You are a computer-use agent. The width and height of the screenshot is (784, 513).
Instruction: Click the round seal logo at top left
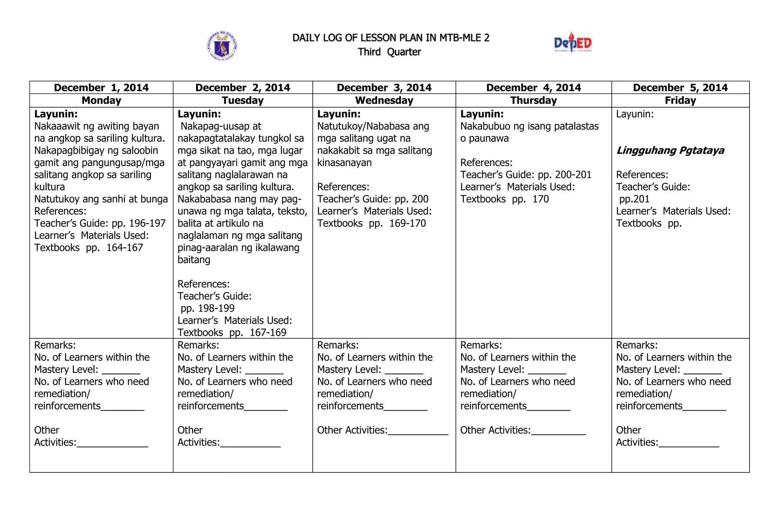tap(222, 46)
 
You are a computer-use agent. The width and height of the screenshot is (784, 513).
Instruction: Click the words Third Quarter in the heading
tap(389, 52)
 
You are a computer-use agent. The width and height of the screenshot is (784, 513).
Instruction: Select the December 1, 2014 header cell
tap(101, 88)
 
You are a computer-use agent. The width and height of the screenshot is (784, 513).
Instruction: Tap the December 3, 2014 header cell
tap(384, 88)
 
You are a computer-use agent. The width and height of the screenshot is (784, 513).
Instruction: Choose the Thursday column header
tap(533, 100)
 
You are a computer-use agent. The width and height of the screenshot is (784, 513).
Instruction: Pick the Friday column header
tap(680, 100)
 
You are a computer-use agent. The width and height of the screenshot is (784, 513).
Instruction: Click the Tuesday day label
tap(243, 100)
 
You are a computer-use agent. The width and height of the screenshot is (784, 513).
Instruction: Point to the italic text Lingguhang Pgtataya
tap(670, 151)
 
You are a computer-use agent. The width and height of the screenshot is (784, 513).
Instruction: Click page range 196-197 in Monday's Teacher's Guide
tap(147, 223)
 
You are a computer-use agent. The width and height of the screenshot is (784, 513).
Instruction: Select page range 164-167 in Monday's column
tap(124, 248)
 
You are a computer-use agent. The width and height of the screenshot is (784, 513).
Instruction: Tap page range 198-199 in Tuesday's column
tap(216, 308)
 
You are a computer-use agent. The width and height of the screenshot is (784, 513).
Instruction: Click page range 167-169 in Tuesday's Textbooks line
tap(268, 333)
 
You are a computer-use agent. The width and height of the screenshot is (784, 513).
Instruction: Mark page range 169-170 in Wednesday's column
tap(407, 223)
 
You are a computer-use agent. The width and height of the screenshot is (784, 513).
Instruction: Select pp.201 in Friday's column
tap(634, 199)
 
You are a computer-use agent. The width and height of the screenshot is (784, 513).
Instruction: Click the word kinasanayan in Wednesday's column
tap(344, 163)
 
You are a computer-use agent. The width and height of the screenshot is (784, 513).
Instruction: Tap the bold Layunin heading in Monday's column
tap(56, 114)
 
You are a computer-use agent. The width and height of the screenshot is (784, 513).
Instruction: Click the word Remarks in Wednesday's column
tap(338, 345)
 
